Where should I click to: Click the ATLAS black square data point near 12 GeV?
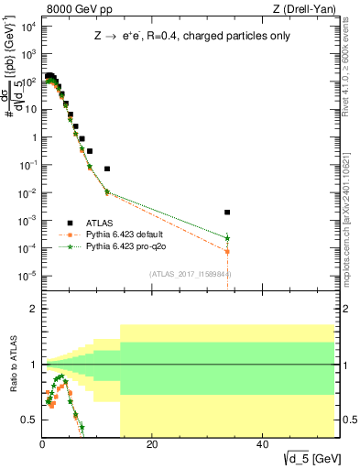point(107,169)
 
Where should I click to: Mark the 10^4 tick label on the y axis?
point(27,26)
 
